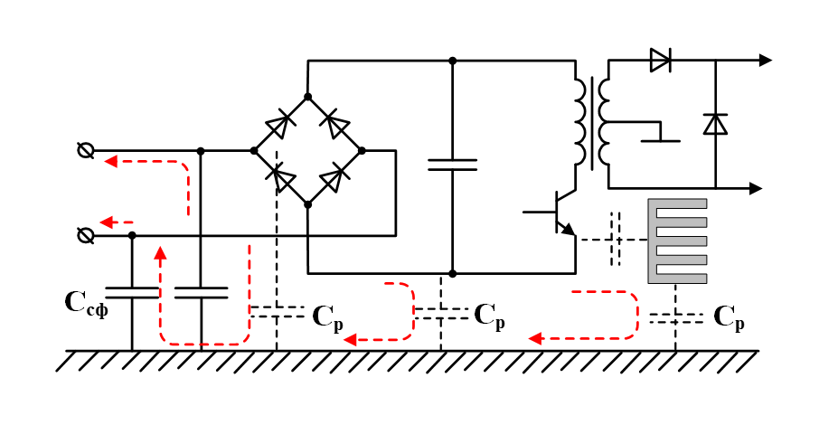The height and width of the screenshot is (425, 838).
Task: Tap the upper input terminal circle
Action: point(86,151)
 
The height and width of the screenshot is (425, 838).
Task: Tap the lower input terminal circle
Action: point(86,235)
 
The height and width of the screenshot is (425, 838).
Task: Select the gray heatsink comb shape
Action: point(677,241)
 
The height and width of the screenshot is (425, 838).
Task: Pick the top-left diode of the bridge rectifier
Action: point(280,124)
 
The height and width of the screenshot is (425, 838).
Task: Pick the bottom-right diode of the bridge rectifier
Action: point(335,177)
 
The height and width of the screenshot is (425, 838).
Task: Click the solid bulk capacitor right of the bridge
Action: point(452,165)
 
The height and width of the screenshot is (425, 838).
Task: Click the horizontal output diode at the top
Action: point(660,61)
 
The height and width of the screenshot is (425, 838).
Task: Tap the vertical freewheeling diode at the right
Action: point(715,124)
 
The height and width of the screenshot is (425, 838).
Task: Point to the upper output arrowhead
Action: point(765,61)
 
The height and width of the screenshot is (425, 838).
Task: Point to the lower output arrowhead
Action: point(757,188)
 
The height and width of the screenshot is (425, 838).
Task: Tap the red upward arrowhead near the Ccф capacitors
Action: point(161,252)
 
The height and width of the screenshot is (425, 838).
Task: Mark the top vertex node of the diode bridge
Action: point(307,97)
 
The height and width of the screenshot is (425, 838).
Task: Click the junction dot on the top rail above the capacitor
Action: point(452,61)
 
